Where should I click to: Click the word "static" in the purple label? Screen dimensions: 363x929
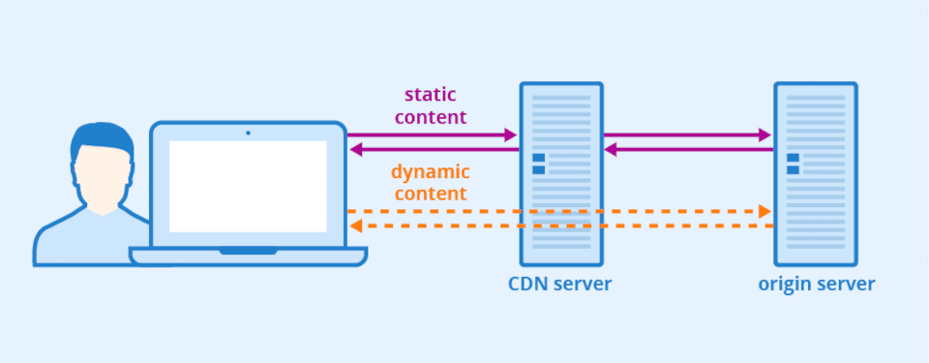click(431, 95)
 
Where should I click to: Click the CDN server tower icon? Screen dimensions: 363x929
click(561, 173)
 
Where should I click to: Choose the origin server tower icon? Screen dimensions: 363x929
click(815, 173)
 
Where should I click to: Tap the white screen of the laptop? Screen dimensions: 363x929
click(248, 186)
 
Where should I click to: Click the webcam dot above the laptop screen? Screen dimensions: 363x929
click(248, 132)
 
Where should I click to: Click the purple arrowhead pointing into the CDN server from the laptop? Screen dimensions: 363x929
click(511, 136)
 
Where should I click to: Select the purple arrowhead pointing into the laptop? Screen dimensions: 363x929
click(356, 149)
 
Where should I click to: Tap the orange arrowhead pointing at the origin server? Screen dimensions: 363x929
click(764, 211)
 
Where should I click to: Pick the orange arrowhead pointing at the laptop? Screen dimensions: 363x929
click(356, 226)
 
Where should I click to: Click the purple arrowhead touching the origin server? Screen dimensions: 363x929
click(764, 136)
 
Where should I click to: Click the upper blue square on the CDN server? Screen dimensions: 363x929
click(539, 158)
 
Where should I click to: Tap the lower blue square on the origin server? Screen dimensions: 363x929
click(794, 170)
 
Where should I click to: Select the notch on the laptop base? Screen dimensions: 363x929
click(248, 252)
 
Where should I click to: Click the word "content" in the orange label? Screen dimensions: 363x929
click(431, 194)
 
